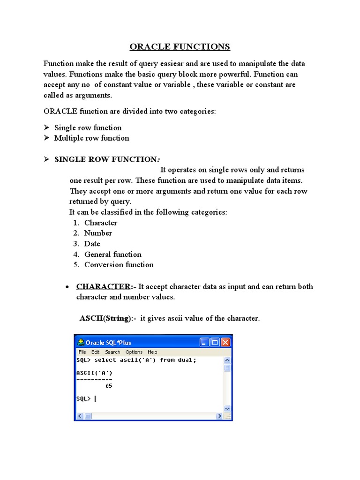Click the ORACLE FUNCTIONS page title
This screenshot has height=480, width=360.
click(180, 46)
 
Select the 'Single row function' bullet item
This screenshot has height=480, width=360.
click(88, 127)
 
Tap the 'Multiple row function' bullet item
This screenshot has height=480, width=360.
click(91, 138)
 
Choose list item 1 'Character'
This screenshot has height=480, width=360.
click(100, 223)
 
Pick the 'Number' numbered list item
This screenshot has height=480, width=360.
click(98, 233)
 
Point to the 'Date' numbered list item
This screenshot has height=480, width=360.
click(92, 244)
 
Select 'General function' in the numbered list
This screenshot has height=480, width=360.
click(112, 254)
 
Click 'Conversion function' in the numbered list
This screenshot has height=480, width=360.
click(119, 264)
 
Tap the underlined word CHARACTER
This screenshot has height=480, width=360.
click(103, 286)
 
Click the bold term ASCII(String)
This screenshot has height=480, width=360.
click(105, 318)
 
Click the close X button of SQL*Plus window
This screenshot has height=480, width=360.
click(225, 342)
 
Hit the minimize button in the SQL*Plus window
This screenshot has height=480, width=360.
click(204, 342)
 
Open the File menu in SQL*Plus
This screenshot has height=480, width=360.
click(82, 352)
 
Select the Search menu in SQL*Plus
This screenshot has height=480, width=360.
click(112, 352)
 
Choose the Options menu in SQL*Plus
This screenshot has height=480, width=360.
click(134, 352)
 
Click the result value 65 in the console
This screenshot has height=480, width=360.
click(109, 386)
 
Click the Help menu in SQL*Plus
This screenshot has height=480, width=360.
click(152, 352)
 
